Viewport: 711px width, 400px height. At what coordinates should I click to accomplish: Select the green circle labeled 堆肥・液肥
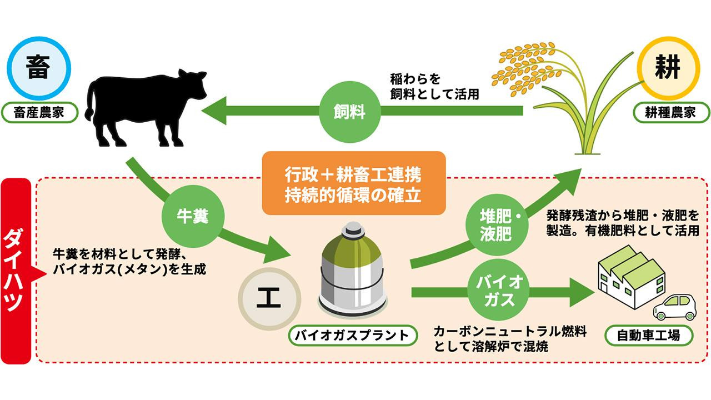(x=495, y=226)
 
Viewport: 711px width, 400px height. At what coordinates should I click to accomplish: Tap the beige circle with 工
(x=270, y=299)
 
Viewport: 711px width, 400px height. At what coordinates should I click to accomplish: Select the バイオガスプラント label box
(x=353, y=335)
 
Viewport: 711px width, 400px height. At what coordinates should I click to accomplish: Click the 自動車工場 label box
(x=649, y=335)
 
